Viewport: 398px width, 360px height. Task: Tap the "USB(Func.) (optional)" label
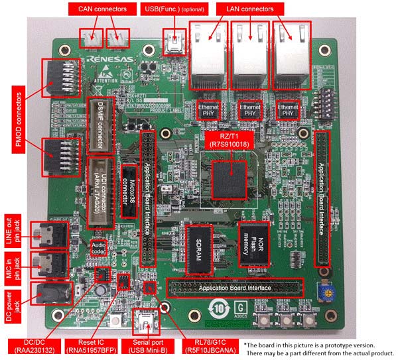click(x=174, y=9)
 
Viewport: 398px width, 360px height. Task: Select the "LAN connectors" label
click(x=247, y=9)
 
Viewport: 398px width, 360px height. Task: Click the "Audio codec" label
click(x=98, y=249)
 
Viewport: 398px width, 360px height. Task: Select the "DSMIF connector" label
click(x=98, y=125)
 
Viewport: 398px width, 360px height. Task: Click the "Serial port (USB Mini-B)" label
click(x=147, y=347)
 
